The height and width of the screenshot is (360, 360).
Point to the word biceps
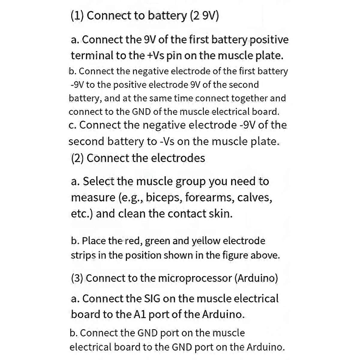coord(164,198)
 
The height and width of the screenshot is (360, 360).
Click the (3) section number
coord(77,278)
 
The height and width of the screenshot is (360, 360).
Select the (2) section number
coord(77,158)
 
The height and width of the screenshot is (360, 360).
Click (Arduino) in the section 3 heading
coord(256,278)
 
